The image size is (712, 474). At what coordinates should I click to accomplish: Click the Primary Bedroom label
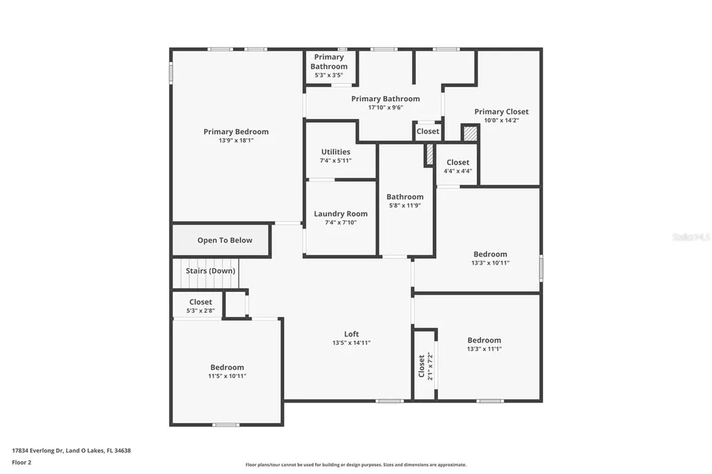point(236,131)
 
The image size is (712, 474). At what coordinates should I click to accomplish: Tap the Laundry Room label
point(341,214)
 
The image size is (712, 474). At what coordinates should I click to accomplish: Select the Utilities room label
point(336,152)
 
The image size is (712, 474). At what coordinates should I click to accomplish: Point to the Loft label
point(351,334)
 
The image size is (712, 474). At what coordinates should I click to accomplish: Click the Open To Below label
point(225,240)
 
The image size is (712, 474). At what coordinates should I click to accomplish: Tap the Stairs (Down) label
point(210,270)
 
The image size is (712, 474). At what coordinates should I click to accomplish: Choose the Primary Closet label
point(501,112)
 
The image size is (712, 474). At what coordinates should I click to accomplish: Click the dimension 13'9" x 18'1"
point(236,141)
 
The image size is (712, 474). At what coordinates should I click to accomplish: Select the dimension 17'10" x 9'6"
point(385,108)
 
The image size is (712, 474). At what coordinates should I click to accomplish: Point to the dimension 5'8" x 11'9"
point(405,206)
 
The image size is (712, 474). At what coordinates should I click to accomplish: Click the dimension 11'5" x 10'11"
point(227,376)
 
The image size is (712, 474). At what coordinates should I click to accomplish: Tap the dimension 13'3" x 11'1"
point(484,349)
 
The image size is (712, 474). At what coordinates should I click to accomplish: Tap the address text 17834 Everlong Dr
point(38,451)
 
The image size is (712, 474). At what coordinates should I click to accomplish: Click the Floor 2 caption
point(22,463)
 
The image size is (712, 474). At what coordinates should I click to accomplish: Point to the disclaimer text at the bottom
point(356,464)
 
